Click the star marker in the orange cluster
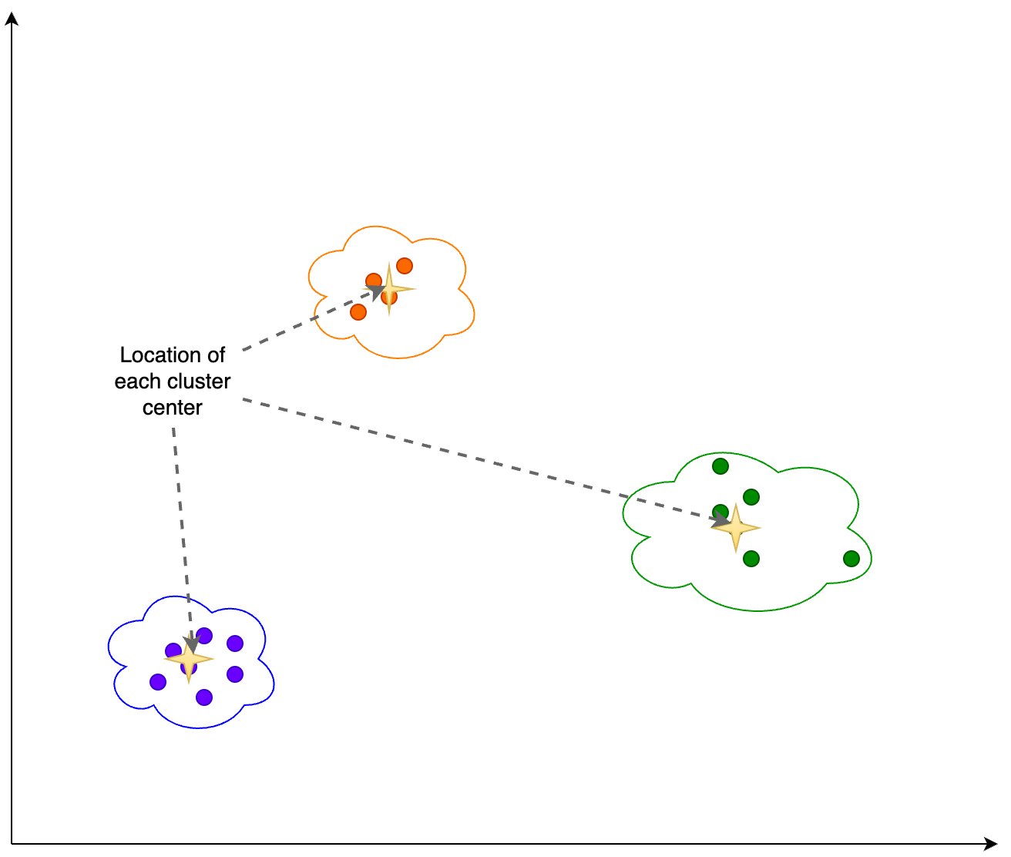click(389, 290)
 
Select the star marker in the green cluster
click(736, 528)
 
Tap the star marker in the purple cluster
click(189, 659)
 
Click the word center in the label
click(172, 408)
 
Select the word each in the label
click(136, 381)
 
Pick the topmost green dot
click(720, 466)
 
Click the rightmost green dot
click(851, 559)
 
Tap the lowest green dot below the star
click(751, 559)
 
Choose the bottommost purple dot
click(204, 697)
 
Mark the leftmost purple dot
click(158, 682)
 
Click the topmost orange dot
click(405, 266)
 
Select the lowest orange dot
click(358, 312)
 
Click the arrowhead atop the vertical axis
click(12, 18)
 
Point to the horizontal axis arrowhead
click(991, 844)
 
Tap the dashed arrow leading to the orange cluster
click(313, 319)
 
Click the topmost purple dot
click(204, 636)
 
